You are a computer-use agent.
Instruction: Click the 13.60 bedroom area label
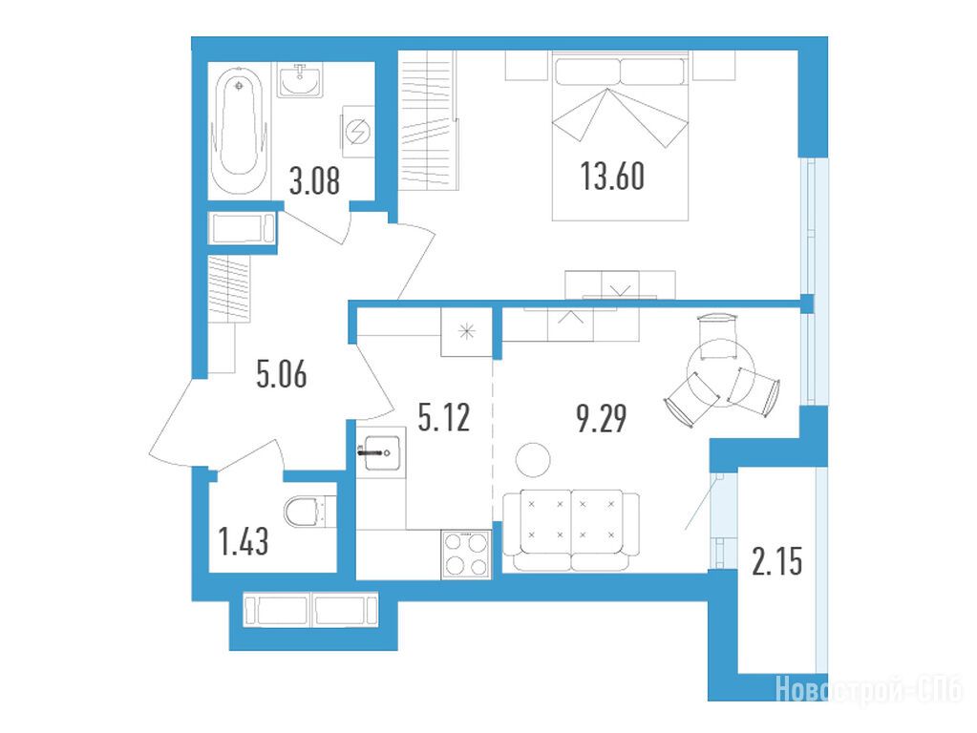click(612, 176)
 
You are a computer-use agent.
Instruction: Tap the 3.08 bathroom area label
click(314, 182)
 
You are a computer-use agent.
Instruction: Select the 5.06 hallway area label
click(282, 375)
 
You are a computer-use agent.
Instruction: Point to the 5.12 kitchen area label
click(444, 417)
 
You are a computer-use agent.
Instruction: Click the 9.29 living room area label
click(602, 418)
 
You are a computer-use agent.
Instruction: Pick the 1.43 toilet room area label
click(244, 540)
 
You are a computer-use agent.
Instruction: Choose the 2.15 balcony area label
click(777, 562)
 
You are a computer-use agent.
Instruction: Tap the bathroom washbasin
click(300, 80)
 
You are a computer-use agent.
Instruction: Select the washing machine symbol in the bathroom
click(357, 132)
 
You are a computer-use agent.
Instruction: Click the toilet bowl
click(309, 512)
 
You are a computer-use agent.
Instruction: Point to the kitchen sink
click(379, 452)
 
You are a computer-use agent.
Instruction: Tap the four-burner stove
click(466, 554)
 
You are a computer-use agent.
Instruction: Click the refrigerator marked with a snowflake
click(467, 332)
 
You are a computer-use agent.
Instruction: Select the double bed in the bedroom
click(620, 136)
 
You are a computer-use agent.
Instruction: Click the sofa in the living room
click(571, 530)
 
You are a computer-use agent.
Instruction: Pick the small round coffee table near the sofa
click(533, 460)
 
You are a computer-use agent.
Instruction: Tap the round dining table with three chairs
click(722, 372)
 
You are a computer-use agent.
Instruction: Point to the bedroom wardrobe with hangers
click(428, 119)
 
